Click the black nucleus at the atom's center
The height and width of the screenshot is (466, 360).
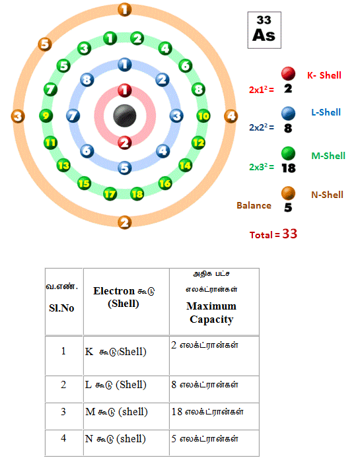tap(125, 116)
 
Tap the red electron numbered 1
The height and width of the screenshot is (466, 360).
tap(125, 90)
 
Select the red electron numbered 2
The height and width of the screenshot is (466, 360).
tap(125, 143)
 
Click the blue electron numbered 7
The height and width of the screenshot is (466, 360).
tap(73, 116)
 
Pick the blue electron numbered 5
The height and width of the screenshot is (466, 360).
tap(125, 168)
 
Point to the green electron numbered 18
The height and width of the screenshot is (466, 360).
tap(137, 194)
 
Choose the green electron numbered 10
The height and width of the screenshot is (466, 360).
tap(203, 116)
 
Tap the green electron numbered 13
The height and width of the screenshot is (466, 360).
tap(63, 165)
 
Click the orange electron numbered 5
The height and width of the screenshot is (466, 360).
tap(45, 44)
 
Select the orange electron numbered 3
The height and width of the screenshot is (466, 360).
tap(18, 116)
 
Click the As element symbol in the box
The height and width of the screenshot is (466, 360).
tap(264, 35)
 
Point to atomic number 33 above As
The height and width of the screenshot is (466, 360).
tap(264, 20)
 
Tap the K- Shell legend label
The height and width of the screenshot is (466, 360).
tap(324, 75)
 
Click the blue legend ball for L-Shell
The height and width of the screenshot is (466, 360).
tap(288, 114)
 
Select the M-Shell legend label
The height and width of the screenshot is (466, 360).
tap(328, 156)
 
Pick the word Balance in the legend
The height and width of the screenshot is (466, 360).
tap(254, 205)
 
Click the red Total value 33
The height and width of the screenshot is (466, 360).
tap(289, 234)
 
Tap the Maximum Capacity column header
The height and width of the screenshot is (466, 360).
tap(211, 313)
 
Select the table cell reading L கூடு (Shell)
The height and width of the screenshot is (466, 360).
tap(116, 385)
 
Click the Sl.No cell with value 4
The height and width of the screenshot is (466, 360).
tap(63, 438)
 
